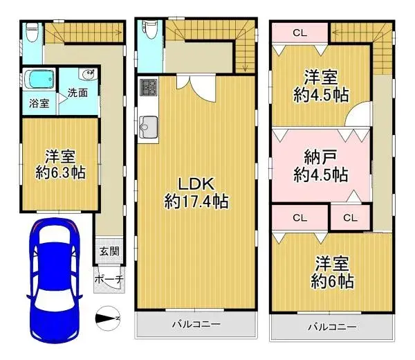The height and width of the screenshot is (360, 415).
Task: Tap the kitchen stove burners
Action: (x=149, y=88)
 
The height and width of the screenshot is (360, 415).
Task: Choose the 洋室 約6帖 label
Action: (x=332, y=272)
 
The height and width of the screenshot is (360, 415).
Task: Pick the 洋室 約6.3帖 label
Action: (x=60, y=163)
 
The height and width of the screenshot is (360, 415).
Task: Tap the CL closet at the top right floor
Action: (x=299, y=32)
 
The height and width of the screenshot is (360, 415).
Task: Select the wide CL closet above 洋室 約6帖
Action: (x=299, y=217)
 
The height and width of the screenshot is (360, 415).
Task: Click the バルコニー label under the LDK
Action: (x=196, y=324)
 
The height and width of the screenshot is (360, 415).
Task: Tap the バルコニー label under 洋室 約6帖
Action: (x=332, y=327)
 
